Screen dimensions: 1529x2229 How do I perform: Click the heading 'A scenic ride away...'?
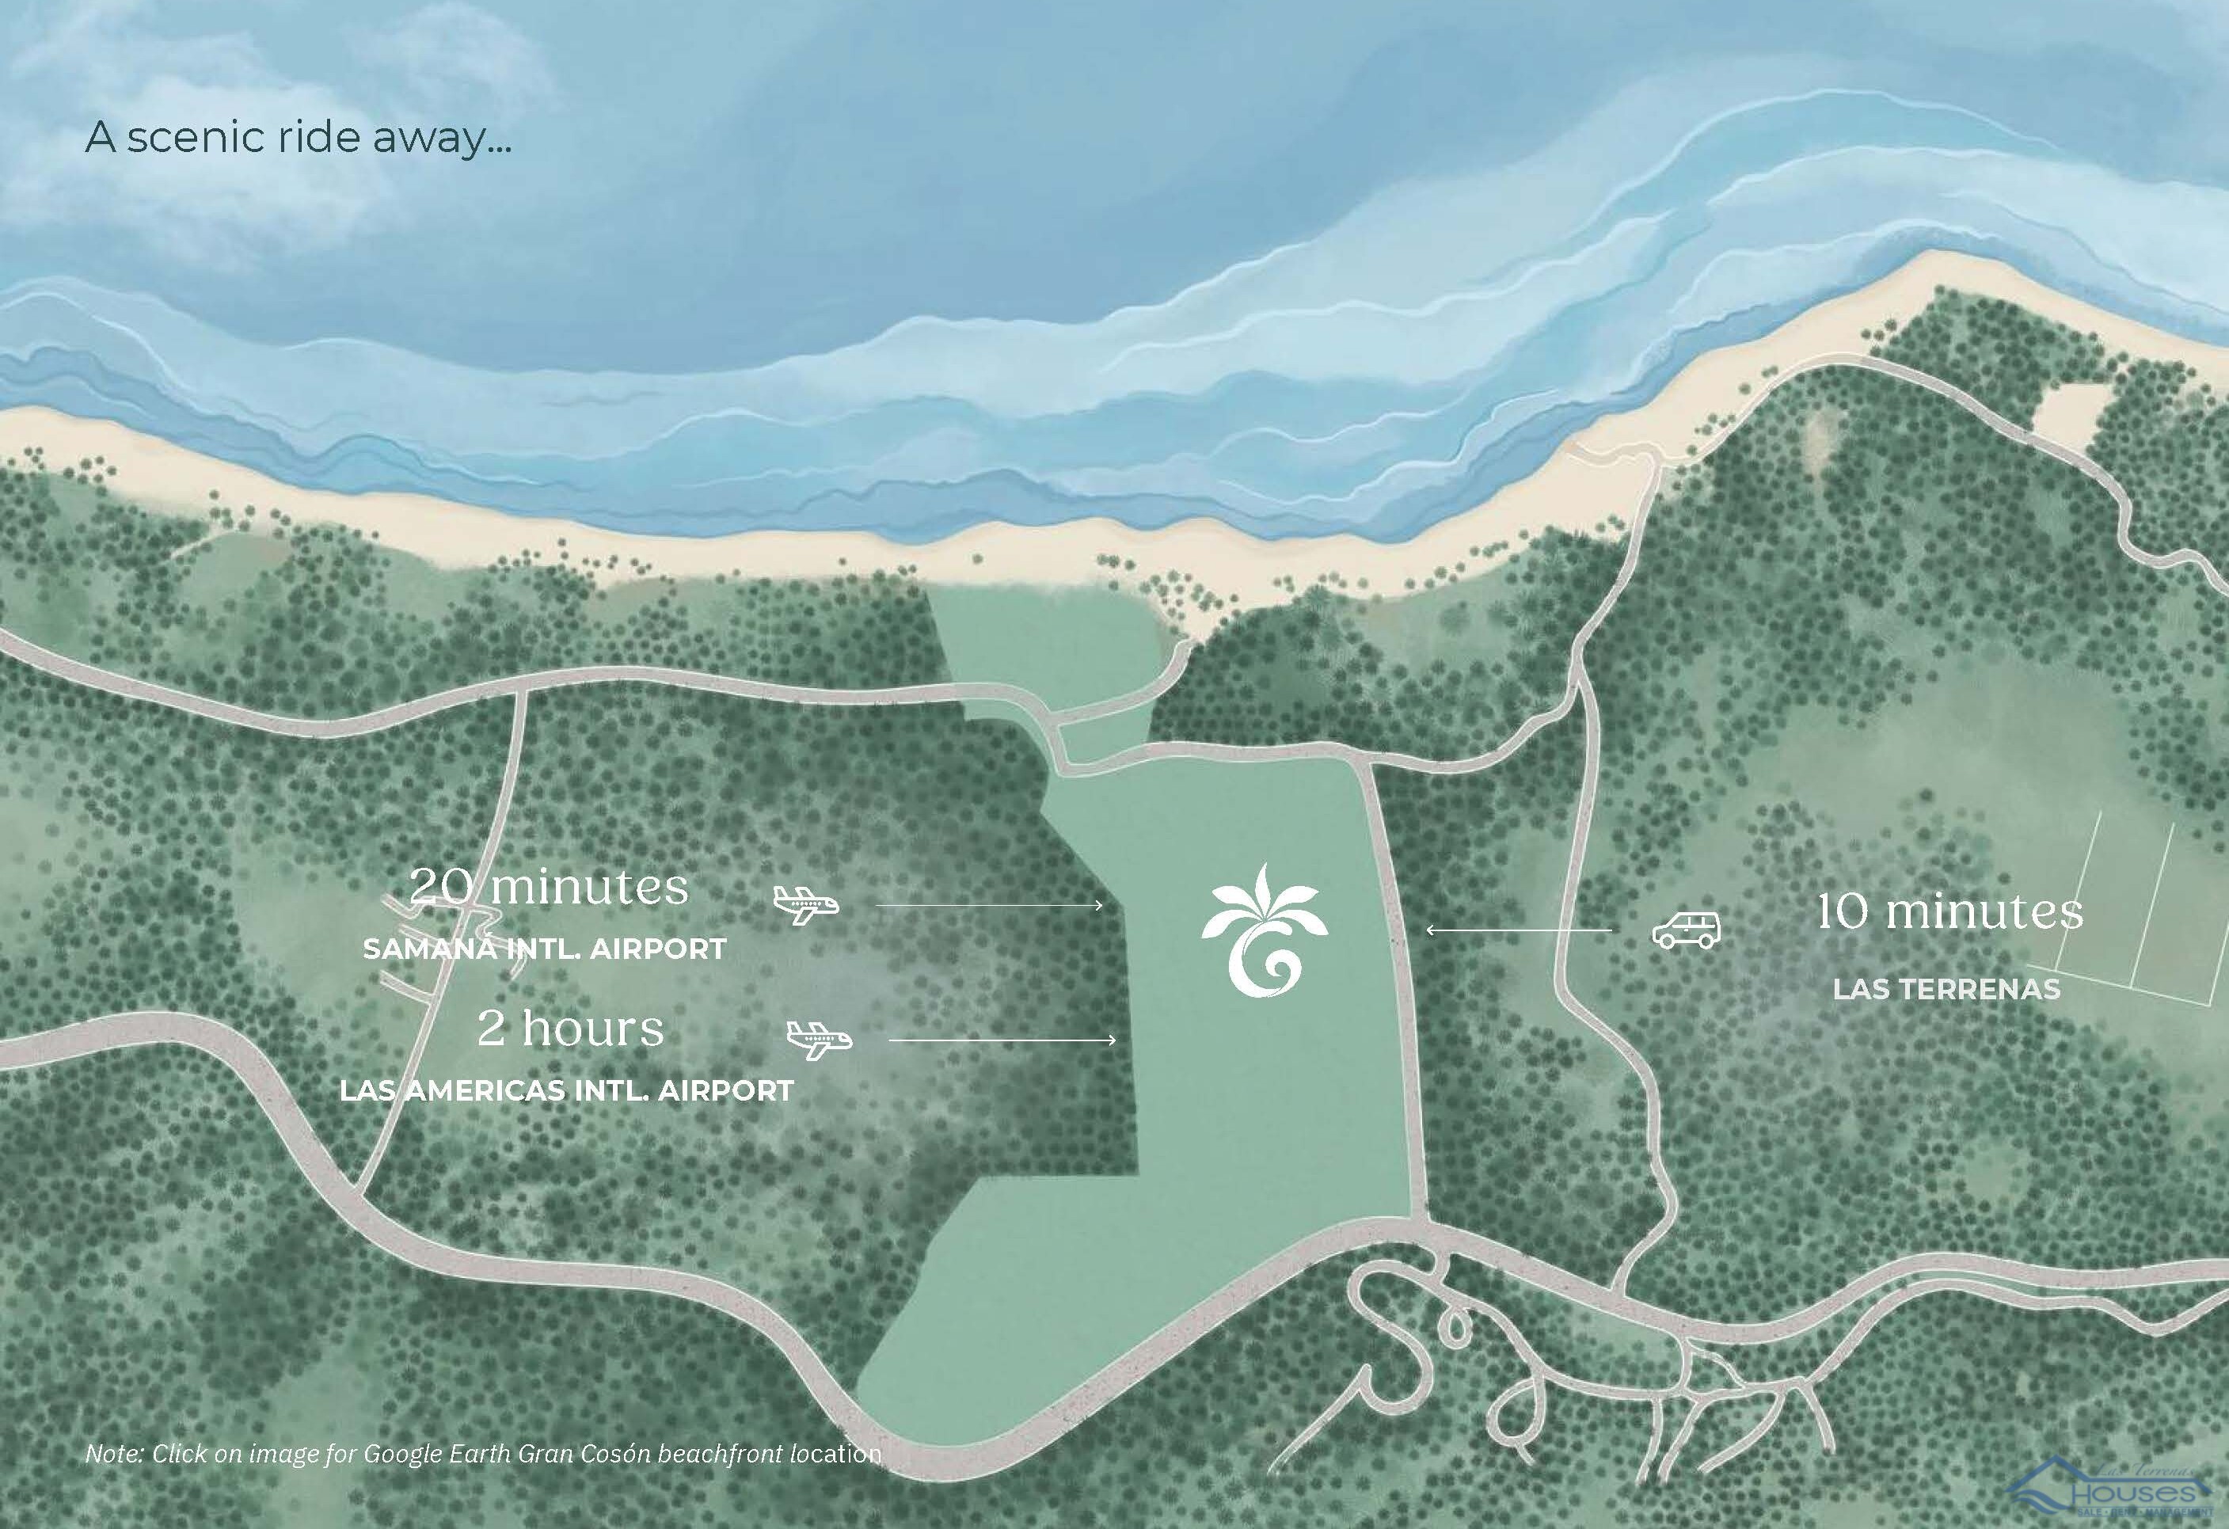coord(299,137)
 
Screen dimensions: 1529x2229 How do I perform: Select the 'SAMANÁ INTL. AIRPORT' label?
coord(544,949)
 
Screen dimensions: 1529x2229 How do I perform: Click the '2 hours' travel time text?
coord(571,1029)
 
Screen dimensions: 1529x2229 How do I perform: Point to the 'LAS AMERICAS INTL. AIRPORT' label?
coord(567,1090)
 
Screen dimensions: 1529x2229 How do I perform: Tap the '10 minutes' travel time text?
coord(1951,911)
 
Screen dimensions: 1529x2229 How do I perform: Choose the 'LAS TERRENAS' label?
coord(1946,989)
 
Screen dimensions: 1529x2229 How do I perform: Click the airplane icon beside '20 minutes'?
coord(805,903)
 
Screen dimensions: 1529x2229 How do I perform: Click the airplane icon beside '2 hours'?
coord(819,1040)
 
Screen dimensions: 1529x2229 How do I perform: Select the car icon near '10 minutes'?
coord(1686,930)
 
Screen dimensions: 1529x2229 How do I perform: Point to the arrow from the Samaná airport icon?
coord(989,904)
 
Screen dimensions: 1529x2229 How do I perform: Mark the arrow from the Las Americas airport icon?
coord(1002,1040)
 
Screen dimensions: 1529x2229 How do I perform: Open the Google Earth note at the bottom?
coord(483,1453)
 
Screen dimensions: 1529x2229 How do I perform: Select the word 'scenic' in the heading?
coord(196,137)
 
